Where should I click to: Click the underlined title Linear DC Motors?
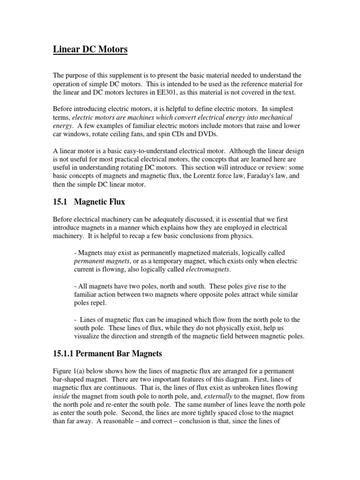click(x=90, y=50)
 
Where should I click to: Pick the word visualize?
click(x=89, y=337)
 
